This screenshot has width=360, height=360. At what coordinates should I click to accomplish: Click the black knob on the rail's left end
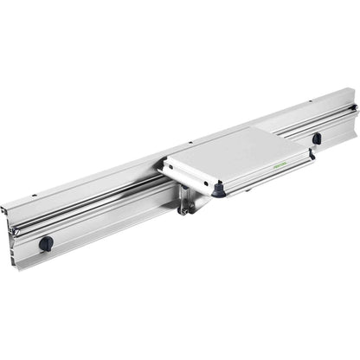click(x=46, y=243)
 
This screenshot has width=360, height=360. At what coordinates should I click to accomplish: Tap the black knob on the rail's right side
click(x=317, y=138)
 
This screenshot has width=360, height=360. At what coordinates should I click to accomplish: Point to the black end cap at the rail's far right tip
click(x=354, y=108)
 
